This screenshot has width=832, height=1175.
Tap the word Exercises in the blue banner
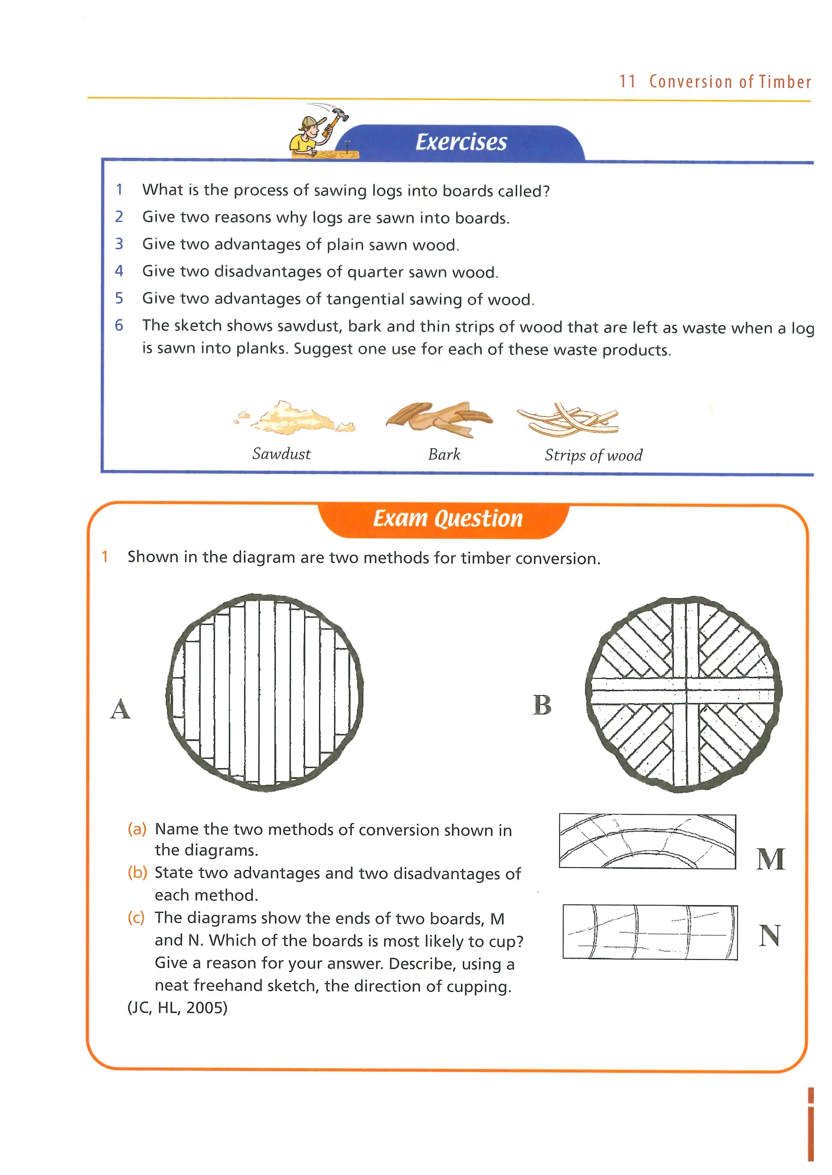click(x=461, y=143)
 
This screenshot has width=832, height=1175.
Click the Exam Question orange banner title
click(x=448, y=518)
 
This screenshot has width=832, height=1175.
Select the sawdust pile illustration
click(x=295, y=418)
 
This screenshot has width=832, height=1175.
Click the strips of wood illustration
click(x=568, y=420)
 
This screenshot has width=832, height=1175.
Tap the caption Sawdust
click(x=281, y=454)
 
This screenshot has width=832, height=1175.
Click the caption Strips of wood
click(x=593, y=455)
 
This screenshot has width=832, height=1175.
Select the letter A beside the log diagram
click(x=120, y=710)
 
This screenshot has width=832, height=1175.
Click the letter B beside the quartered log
click(x=542, y=705)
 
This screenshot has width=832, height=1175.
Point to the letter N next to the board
click(x=769, y=936)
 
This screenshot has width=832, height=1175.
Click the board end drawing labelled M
click(x=648, y=841)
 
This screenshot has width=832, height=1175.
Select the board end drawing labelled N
click(x=650, y=932)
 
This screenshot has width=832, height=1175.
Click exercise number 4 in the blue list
click(x=119, y=271)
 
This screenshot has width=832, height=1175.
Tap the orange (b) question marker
click(x=137, y=872)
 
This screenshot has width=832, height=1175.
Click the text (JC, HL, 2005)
click(x=177, y=1008)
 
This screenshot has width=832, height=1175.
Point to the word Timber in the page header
click(x=784, y=82)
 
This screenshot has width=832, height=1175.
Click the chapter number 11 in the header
click(x=628, y=82)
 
